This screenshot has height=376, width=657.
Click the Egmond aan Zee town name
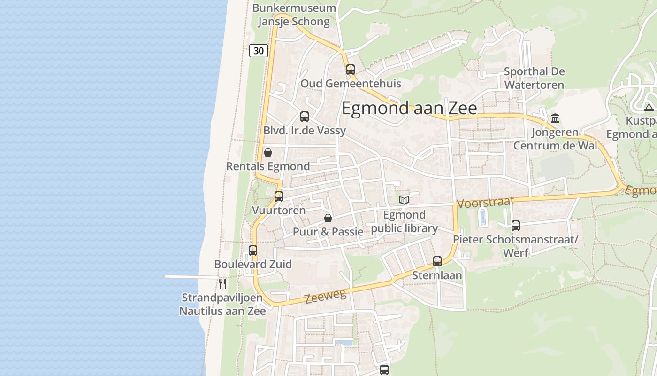(409, 108)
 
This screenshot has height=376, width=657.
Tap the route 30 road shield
(259, 51)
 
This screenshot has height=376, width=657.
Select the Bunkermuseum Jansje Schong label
(294, 15)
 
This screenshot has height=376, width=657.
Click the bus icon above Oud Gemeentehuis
(351, 70)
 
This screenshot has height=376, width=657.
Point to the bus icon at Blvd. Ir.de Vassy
(305, 117)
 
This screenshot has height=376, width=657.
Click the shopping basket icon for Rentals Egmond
(268, 152)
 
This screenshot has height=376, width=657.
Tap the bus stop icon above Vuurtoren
(279, 196)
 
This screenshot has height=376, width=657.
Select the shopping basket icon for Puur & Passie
(328, 218)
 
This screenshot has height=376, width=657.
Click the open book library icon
(404, 201)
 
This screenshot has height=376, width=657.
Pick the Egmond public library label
(405, 222)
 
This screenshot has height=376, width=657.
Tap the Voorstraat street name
(485, 203)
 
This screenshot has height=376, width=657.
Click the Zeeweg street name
(325, 296)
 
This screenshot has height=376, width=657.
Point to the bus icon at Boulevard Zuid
(253, 251)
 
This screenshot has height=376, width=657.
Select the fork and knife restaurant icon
(222, 284)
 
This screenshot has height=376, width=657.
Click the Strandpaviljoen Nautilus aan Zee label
(223, 304)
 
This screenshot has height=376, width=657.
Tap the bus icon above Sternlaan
(437, 261)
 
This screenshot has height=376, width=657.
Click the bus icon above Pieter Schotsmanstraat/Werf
(516, 226)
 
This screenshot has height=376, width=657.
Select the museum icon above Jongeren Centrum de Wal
(555, 118)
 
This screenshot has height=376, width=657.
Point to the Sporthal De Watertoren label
(534, 78)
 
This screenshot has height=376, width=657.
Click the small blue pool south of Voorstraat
(483, 218)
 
